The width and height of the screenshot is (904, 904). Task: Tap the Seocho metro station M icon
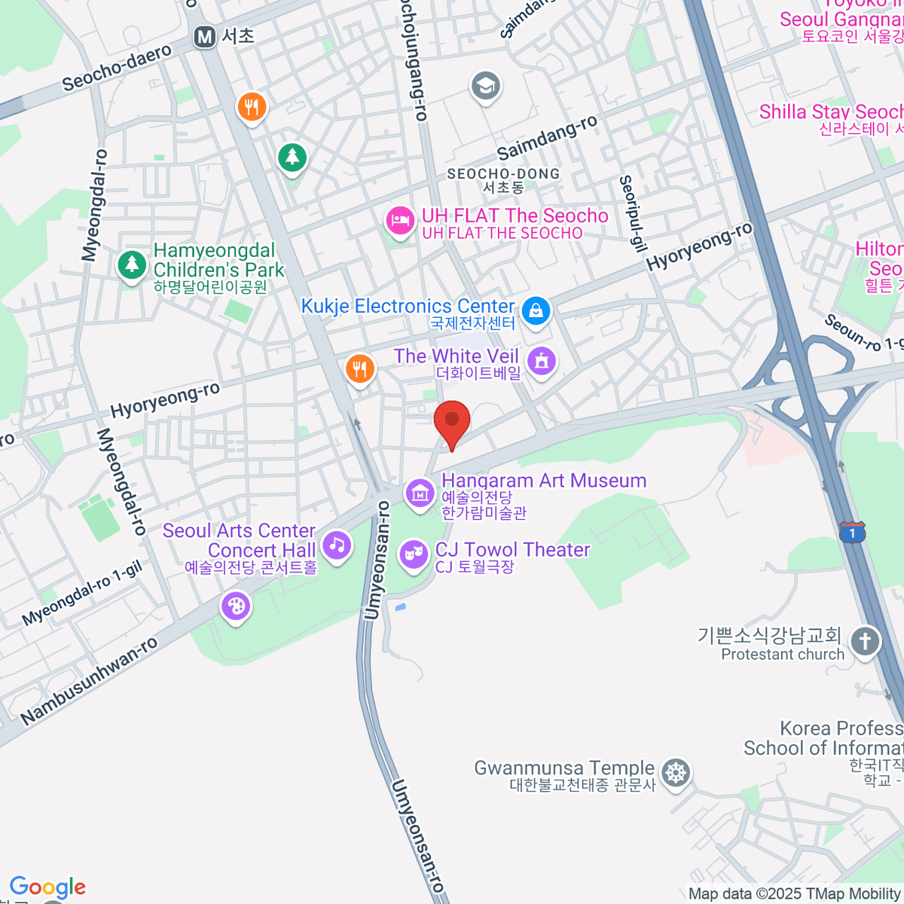point(204,37)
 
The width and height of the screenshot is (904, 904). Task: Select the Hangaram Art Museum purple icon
point(420,493)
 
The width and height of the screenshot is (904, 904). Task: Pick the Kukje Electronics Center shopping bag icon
point(536,310)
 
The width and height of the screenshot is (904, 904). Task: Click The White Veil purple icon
point(541,361)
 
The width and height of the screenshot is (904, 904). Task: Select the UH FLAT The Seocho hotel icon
point(400,221)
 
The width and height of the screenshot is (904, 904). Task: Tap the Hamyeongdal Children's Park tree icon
point(132,264)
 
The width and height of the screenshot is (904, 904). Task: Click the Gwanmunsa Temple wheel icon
point(676,772)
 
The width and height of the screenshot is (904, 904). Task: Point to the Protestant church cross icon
point(864,642)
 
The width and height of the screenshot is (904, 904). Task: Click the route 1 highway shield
point(852,532)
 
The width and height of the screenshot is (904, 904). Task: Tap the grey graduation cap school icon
point(486,86)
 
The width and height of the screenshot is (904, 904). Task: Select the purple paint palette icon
point(236,606)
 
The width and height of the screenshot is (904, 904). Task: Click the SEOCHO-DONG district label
point(503,174)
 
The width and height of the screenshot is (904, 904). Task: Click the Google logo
point(47,887)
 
